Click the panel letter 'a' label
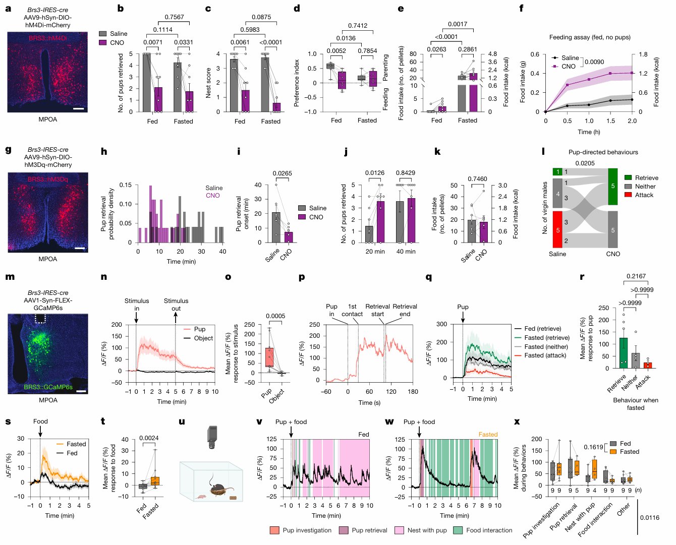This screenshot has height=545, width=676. point(8,9)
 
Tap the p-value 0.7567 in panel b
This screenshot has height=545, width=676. point(175,17)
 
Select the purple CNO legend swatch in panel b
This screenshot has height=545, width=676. point(103,43)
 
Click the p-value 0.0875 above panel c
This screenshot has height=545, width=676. point(261,17)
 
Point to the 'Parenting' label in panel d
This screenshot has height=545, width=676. point(386,68)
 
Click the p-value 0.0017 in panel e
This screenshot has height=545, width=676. point(458,24)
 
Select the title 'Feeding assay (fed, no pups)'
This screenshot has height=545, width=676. point(590,37)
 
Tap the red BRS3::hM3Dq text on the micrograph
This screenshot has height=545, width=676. point(48,179)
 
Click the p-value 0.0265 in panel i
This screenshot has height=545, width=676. point(283,173)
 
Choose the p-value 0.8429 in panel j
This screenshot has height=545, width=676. point(406,173)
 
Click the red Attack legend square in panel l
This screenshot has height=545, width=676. point(628,195)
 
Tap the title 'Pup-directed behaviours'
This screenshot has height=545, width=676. point(603,152)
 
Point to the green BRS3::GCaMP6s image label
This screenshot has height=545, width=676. point(48,387)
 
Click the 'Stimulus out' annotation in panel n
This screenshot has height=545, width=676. point(176,305)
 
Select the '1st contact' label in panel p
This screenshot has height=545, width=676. point(352,310)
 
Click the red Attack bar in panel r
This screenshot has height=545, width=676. point(647,365)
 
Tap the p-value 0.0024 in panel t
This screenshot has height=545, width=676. point(149,438)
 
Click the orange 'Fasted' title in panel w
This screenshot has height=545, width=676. point(488,435)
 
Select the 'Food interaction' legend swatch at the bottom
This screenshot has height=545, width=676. point(458,530)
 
